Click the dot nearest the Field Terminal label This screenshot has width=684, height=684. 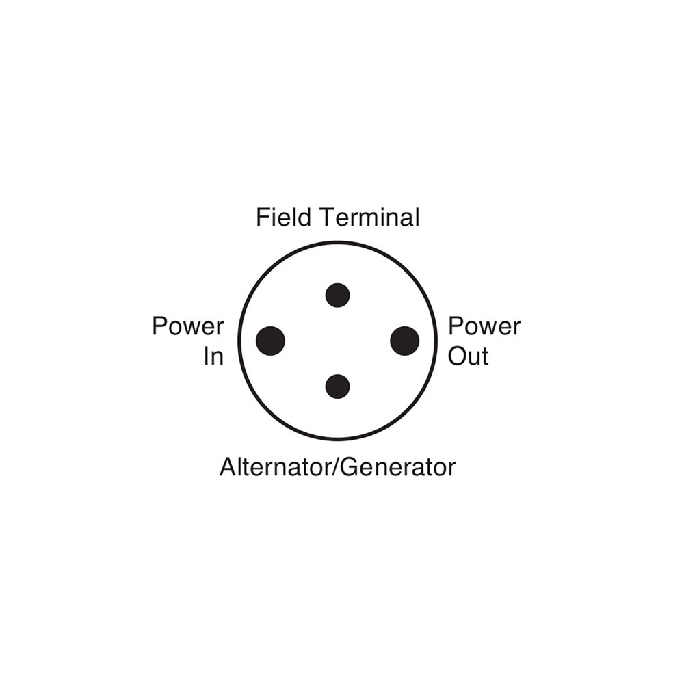click(x=338, y=295)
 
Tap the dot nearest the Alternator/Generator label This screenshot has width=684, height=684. click(x=338, y=386)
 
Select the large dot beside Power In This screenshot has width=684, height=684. click(x=270, y=341)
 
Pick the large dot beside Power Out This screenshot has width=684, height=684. click(x=405, y=341)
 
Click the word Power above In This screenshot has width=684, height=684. click(x=188, y=326)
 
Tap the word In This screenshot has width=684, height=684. click(x=213, y=356)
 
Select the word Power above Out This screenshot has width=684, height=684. click(x=485, y=326)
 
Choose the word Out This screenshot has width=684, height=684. click(x=468, y=356)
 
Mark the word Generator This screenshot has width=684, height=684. click(x=397, y=467)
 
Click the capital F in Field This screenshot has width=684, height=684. click(x=263, y=218)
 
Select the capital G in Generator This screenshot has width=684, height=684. click(x=349, y=467)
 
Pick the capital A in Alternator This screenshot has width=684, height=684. click(x=229, y=467)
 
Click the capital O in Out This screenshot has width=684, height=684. click(x=458, y=356)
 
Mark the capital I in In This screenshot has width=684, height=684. click(x=206, y=356)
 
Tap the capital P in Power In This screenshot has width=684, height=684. click(x=160, y=326)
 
